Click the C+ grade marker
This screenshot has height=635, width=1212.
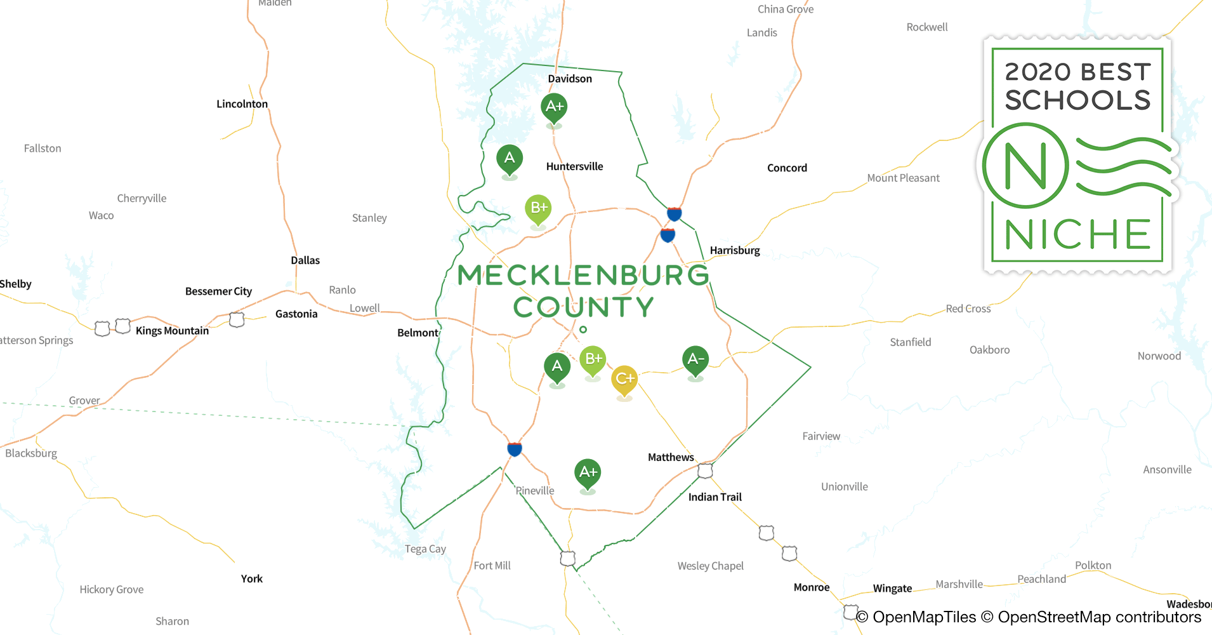[x=624, y=379]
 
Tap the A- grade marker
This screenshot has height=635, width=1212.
[x=695, y=359]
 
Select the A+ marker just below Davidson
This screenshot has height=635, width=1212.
[x=554, y=107]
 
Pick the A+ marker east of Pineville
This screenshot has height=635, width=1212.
[x=588, y=472]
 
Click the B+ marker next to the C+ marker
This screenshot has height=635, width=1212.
[x=593, y=359]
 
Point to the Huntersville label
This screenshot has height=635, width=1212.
[x=574, y=166]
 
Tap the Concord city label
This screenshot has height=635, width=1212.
[x=787, y=168]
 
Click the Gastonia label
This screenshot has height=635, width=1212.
[x=296, y=314]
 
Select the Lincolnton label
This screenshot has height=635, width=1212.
[x=242, y=104]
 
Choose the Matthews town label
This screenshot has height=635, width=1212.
[x=671, y=457]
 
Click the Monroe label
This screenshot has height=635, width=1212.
[x=812, y=587]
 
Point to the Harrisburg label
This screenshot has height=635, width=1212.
[x=735, y=250]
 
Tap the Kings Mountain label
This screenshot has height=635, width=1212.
[x=172, y=331]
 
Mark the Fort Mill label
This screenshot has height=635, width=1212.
[x=492, y=566]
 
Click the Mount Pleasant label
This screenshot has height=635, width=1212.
[x=903, y=178]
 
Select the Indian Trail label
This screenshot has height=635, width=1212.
[x=715, y=497]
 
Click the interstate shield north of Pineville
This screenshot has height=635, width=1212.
[x=515, y=449]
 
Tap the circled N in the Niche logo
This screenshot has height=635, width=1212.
[x=1025, y=166]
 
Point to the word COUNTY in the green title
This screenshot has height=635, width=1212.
[x=583, y=307]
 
